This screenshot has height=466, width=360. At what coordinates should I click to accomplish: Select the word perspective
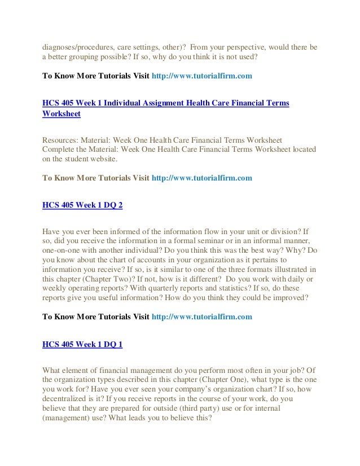(242, 47)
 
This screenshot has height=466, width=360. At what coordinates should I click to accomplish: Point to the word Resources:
(62, 139)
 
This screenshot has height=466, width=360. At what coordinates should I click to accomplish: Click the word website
(100, 160)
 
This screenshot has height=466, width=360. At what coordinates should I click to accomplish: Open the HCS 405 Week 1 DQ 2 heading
(82, 205)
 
